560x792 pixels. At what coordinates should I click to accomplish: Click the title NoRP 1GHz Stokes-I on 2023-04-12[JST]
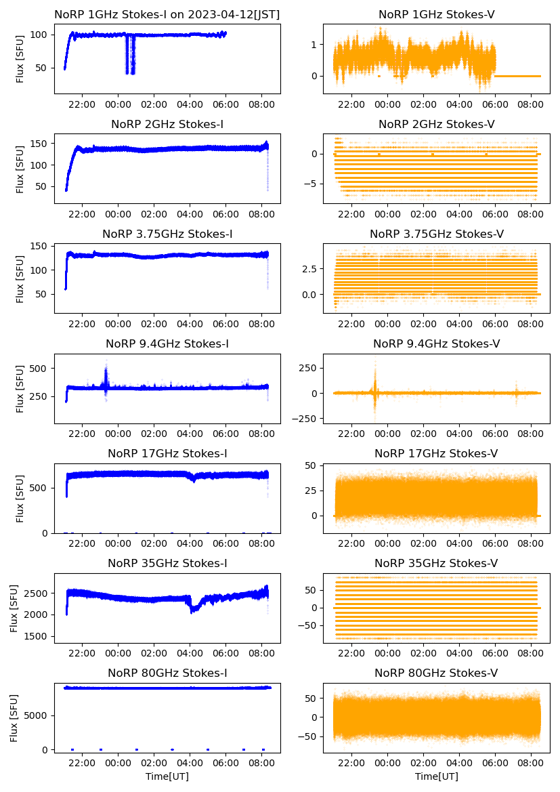click(x=167, y=14)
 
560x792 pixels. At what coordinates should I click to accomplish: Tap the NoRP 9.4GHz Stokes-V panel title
click(x=437, y=344)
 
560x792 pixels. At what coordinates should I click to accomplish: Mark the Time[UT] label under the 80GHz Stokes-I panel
click(x=167, y=776)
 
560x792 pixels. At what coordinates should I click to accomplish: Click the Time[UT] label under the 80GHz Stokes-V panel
click(x=437, y=776)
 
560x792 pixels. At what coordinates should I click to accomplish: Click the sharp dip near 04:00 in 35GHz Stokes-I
click(x=194, y=610)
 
